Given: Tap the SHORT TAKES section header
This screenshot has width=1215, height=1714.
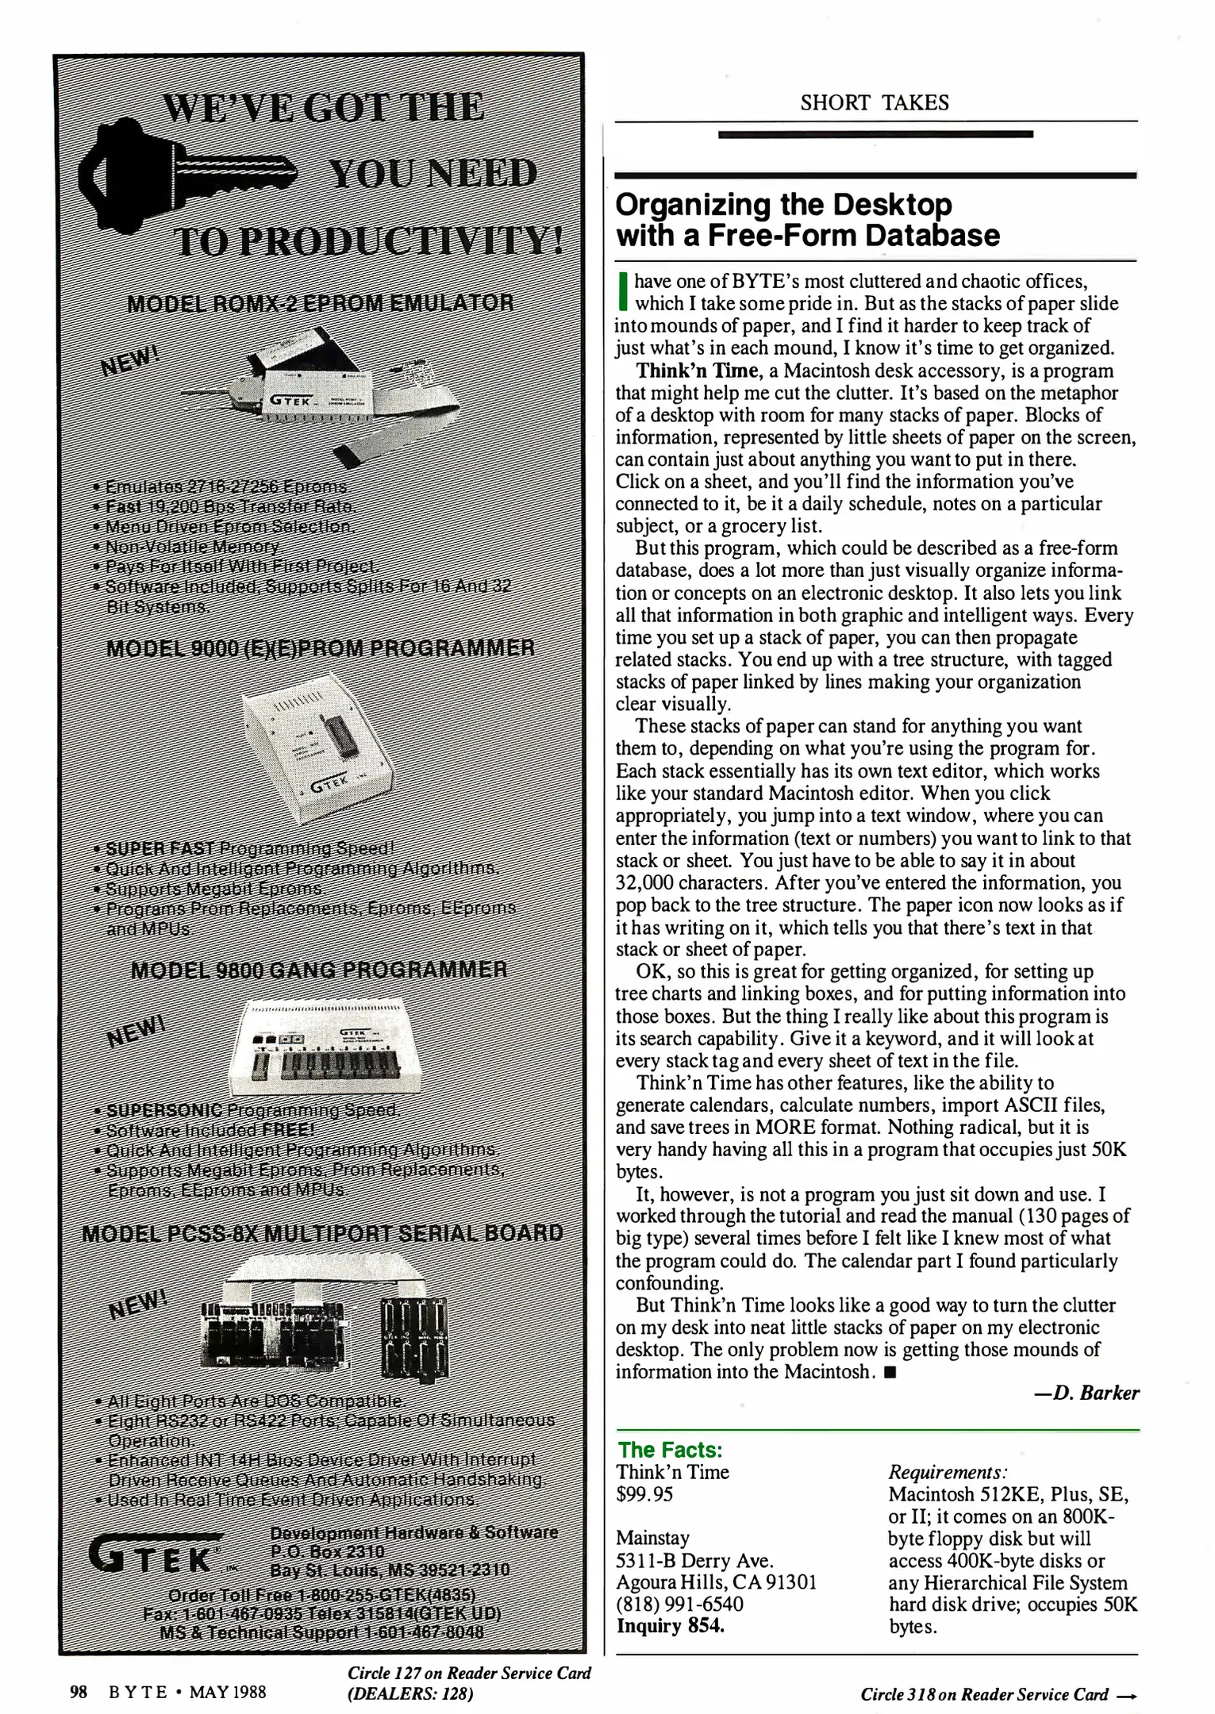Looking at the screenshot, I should coord(874,102).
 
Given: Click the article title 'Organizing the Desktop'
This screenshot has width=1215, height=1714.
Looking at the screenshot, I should coord(783,205).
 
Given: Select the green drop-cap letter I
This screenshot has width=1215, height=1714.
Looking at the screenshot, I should coord(623,292).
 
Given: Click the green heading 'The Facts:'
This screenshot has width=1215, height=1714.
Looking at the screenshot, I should coord(670,1451).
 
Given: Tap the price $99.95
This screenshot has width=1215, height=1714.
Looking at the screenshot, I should coord(644,1494).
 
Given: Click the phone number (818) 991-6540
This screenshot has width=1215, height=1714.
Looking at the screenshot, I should coord(679,1604).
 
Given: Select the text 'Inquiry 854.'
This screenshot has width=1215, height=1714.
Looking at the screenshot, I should coord(671,1626).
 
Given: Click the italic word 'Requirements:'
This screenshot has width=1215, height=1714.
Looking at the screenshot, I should coord(948,1472).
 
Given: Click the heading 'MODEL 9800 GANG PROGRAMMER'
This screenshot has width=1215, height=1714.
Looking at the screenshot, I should coord(318,969).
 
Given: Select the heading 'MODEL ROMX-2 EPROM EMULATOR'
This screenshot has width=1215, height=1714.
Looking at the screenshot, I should coord(320,303).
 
